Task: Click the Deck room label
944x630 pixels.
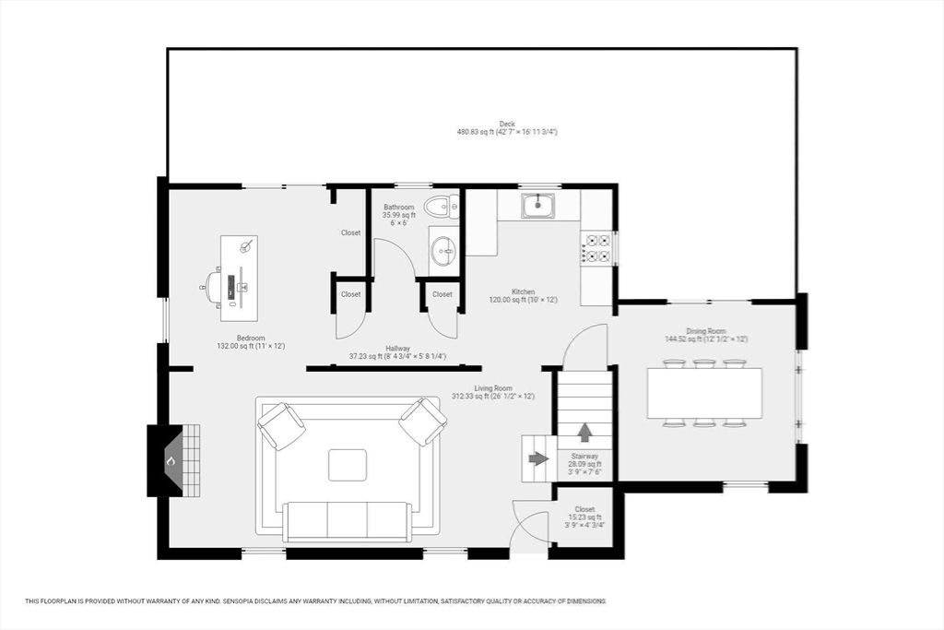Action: [507, 127]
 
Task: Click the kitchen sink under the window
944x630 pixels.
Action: [537, 206]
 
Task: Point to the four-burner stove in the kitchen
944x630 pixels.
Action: [596, 246]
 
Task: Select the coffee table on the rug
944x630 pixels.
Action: [348, 465]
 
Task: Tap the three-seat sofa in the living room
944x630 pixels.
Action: [348, 520]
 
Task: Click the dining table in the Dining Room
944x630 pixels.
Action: [704, 393]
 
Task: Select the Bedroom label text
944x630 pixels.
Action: [251, 338]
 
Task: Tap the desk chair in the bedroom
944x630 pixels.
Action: [213, 286]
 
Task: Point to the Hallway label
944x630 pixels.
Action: [398, 351]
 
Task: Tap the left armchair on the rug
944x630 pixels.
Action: [281, 425]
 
